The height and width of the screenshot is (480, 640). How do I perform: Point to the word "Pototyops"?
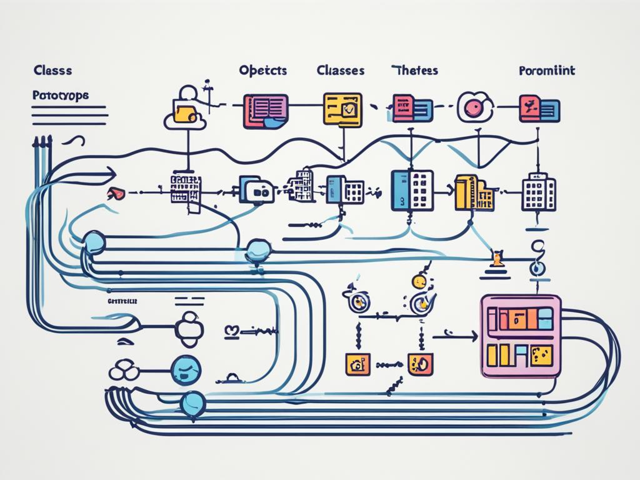tap(60, 96)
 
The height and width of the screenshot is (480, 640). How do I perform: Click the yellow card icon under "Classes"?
tap(342, 109)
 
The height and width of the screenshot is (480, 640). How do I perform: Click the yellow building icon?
tap(474, 193)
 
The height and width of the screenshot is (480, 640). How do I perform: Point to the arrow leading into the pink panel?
tap(454, 336)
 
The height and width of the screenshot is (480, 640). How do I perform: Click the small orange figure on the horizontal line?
tap(497, 259)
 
